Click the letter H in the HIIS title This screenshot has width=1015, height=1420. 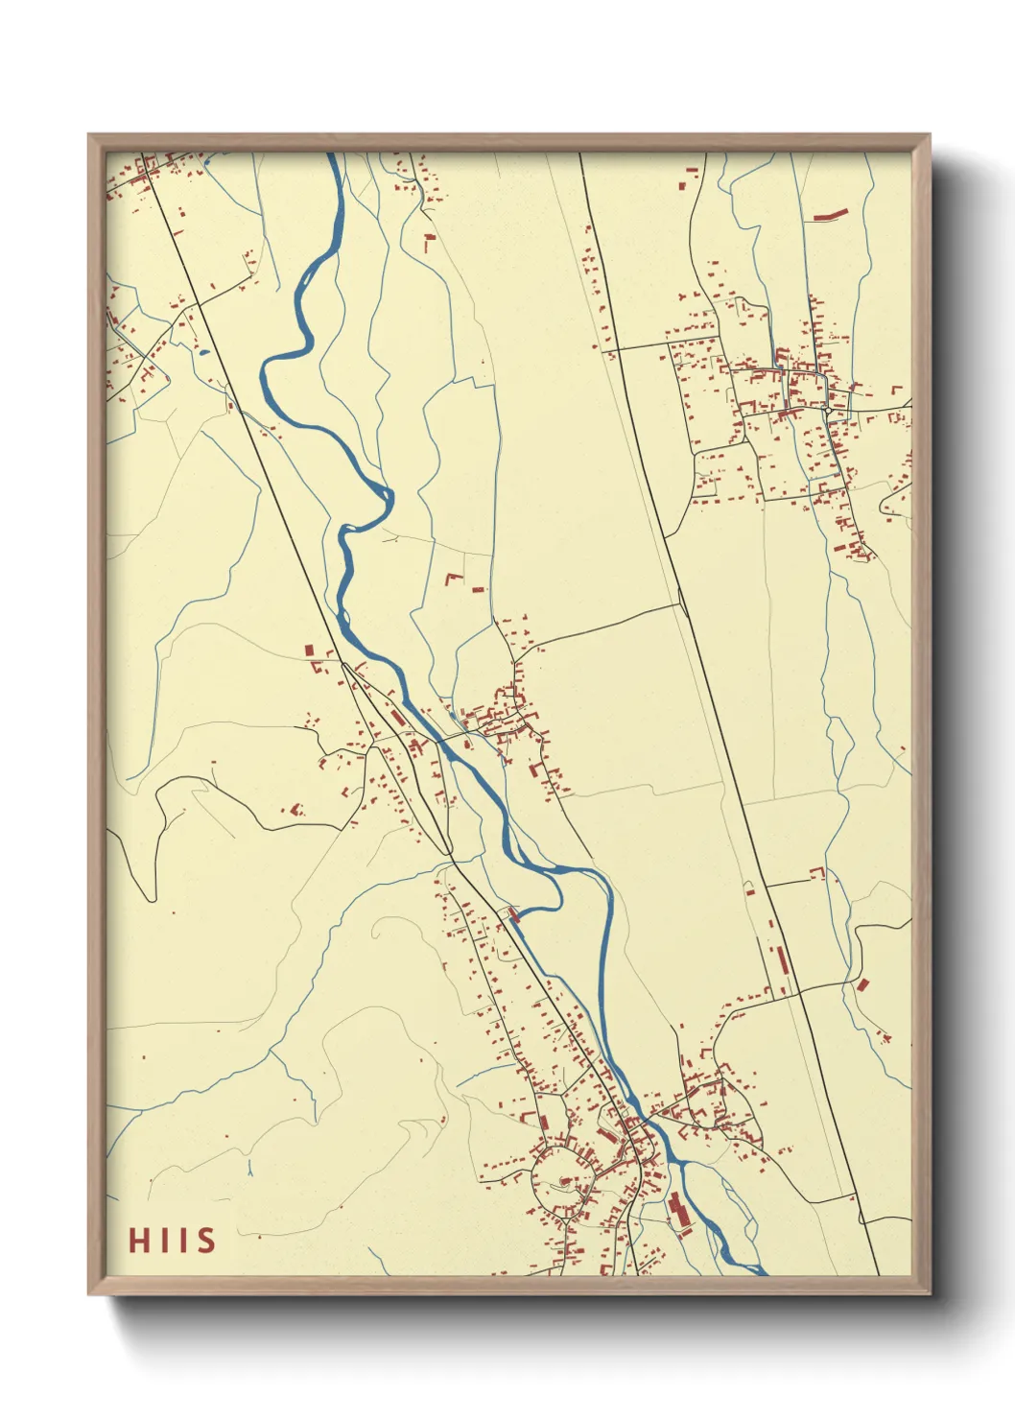click(139, 1240)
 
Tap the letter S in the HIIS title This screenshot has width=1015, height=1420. click(206, 1240)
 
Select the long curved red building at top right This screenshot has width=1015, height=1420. click(830, 214)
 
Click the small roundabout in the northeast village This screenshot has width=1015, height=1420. click(826, 409)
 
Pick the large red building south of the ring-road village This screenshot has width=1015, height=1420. click(678, 1211)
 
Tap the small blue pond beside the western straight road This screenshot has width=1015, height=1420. click(203, 351)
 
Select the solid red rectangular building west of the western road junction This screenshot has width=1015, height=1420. click(309, 651)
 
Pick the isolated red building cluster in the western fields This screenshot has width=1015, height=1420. click(295, 811)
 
